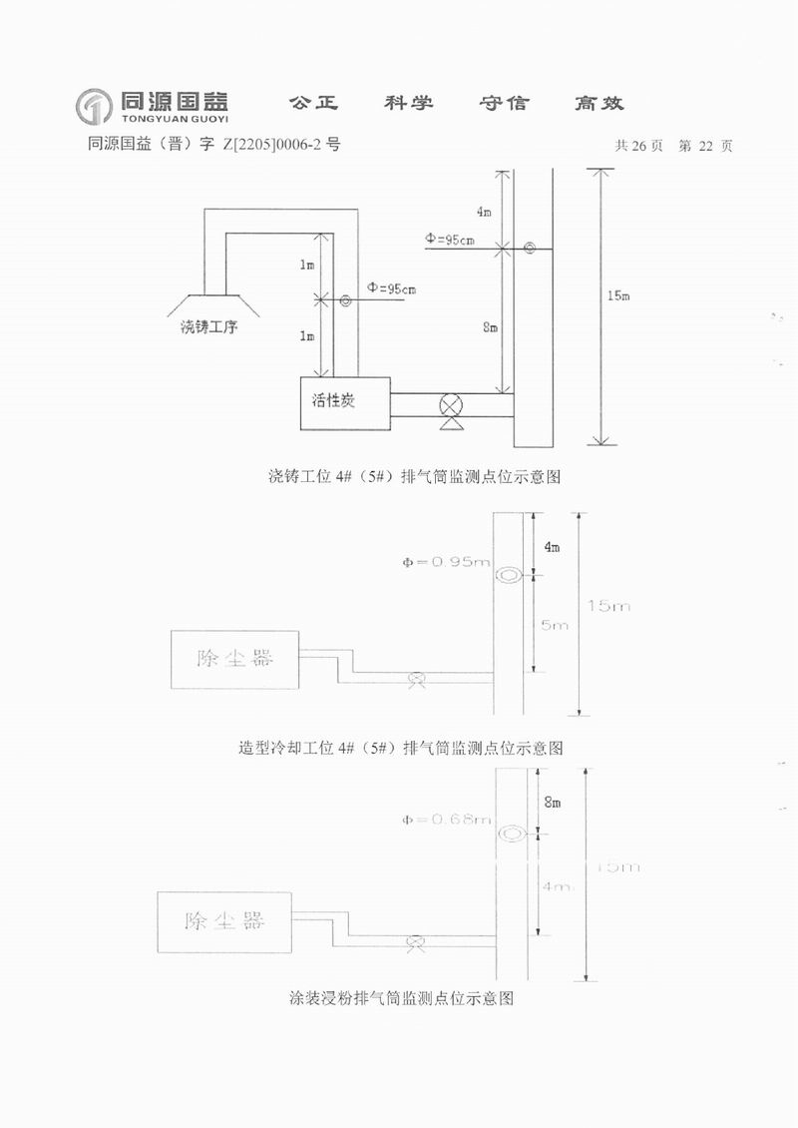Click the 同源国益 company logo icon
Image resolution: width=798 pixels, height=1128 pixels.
click(94, 105)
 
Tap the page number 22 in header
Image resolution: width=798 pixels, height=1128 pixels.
click(705, 146)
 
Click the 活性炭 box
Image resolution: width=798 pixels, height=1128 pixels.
click(345, 403)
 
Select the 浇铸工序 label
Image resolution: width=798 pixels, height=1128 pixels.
click(208, 326)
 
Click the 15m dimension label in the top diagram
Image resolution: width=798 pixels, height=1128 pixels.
click(618, 295)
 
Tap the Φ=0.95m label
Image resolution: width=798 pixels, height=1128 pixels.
click(446, 562)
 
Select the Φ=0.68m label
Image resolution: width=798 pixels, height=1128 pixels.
click(446, 820)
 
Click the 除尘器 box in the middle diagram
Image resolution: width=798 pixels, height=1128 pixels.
click(234, 659)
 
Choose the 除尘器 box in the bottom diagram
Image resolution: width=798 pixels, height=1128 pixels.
click(224, 921)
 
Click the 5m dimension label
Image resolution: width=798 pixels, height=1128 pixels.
click(555, 625)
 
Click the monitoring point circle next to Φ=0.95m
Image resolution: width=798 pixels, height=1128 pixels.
click(509, 575)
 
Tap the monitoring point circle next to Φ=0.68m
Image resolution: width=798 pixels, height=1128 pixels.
click(513, 833)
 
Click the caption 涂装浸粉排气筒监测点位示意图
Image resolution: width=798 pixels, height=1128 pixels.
click(401, 997)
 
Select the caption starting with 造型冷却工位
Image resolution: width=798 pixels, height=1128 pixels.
click(401, 747)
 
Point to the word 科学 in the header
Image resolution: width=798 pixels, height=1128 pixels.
click(409, 103)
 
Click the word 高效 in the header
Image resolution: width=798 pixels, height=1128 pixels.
click(598, 103)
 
